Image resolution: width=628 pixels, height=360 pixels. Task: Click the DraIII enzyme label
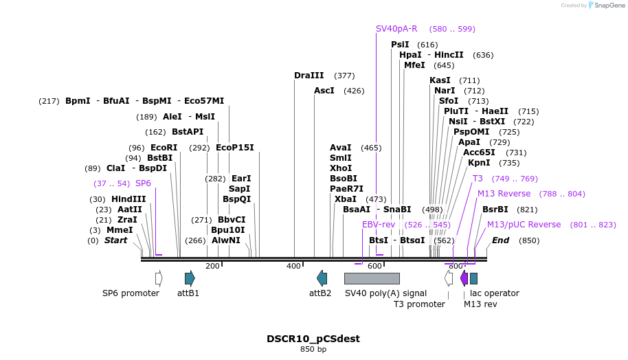309,76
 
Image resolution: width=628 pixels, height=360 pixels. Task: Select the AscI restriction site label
324,91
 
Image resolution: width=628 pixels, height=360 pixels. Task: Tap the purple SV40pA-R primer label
396,29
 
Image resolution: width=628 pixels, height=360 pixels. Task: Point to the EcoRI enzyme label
164,148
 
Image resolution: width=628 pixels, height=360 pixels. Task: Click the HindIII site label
128,199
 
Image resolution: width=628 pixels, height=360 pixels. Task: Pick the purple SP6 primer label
143,183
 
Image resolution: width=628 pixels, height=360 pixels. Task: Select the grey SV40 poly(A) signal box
372,278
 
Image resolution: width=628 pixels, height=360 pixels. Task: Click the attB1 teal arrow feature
190,278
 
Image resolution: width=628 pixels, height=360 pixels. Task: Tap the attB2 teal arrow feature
322,278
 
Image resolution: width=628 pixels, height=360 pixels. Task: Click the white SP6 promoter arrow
159,278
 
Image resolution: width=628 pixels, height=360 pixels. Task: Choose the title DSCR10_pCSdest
313,339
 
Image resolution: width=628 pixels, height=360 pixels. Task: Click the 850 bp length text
313,350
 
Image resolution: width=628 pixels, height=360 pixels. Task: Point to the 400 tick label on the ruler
294,266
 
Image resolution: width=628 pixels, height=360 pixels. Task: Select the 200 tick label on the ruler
212,266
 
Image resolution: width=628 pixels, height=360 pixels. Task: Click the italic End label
500,240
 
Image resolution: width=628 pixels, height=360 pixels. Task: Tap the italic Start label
115,240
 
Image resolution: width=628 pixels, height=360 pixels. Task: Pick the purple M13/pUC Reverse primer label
524,225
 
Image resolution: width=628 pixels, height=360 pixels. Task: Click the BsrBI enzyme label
495,210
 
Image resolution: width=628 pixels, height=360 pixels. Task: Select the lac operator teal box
473,278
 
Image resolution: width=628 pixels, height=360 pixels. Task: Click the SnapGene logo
605,5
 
